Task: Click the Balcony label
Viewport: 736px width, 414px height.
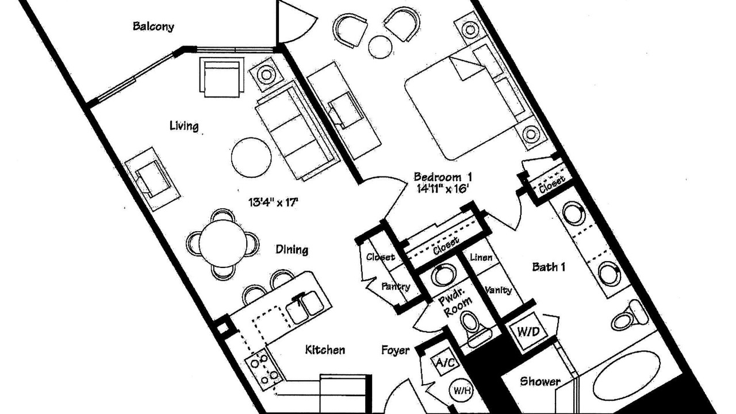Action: (x=153, y=26)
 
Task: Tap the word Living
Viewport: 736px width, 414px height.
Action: (x=184, y=125)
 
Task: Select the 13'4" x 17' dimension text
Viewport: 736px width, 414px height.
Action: (x=273, y=202)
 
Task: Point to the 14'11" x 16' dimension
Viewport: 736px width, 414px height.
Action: (x=443, y=189)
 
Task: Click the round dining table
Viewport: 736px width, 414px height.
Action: (x=223, y=243)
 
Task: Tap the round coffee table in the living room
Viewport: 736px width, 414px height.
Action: (x=251, y=158)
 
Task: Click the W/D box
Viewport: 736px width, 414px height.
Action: (x=528, y=332)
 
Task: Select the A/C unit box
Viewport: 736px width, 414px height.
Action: (x=446, y=362)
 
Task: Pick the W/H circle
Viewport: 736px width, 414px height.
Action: (x=462, y=390)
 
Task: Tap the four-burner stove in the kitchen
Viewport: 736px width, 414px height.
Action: (x=263, y=369)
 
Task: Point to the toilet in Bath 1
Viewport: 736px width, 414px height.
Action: (x=628, y=316)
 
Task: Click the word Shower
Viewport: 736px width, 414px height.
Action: (x=540, y=381)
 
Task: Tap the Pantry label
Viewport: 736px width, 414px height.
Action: (x=396, y=286)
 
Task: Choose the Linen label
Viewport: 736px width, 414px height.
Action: (x=481, y=257)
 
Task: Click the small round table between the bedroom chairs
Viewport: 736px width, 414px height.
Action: (x=381, y=47)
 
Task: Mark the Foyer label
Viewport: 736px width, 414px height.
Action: (x=395, y=350)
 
